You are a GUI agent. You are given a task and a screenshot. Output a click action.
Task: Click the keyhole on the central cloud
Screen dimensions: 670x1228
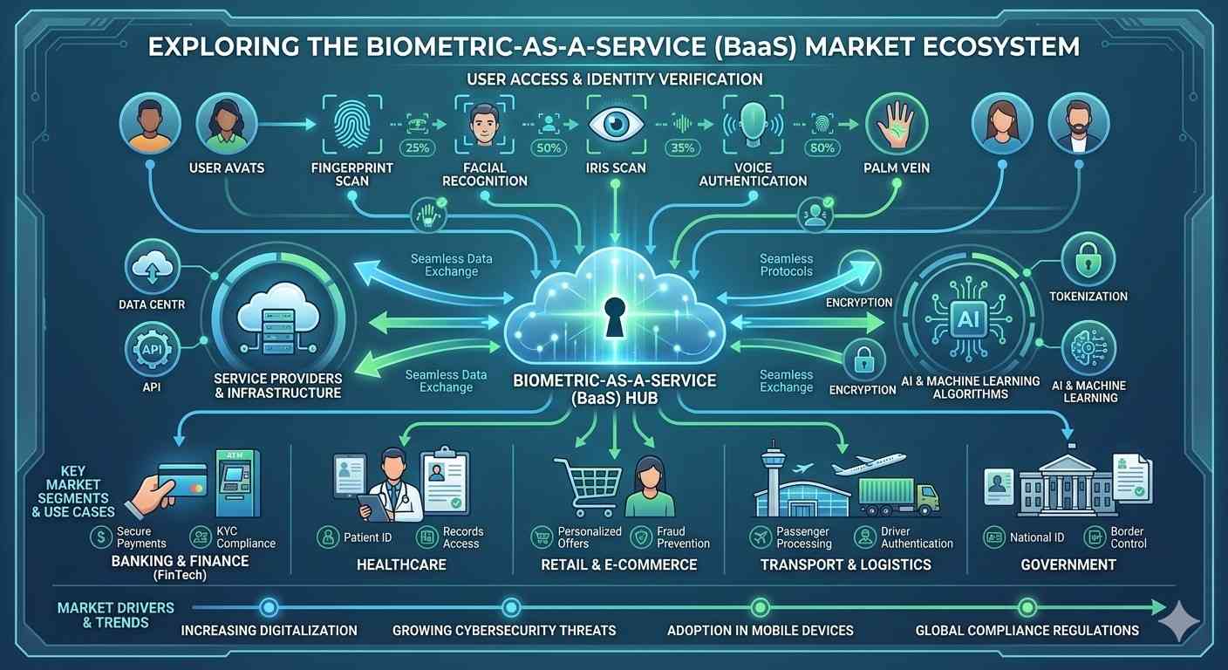(x=614, y=313)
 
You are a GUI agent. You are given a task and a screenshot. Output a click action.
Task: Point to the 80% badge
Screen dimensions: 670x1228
(x=822, y=147)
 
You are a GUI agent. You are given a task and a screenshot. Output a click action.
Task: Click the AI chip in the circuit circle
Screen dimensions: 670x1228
(x=968, y=319)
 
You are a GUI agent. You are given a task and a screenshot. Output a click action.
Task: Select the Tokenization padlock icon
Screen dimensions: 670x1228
(x=1088, y=259)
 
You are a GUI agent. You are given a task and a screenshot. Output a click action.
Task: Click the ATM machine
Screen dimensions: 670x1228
(x=237, y=482)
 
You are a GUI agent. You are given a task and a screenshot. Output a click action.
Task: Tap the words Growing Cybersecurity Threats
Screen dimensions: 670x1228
(x=504, y=630)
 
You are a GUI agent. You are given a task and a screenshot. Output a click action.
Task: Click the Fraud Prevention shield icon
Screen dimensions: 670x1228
(x=642, y=537)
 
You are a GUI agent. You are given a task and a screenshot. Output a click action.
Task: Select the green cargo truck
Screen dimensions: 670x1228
(x=898, y=496)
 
